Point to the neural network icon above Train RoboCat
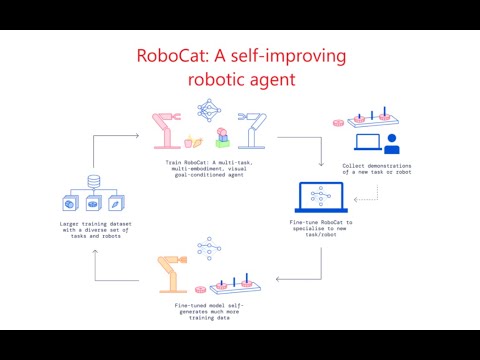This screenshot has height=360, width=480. (x=209, y=111)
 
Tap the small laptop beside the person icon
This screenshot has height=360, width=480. (x=364, y=146)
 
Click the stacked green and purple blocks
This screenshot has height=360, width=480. (x=212, y=138)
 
